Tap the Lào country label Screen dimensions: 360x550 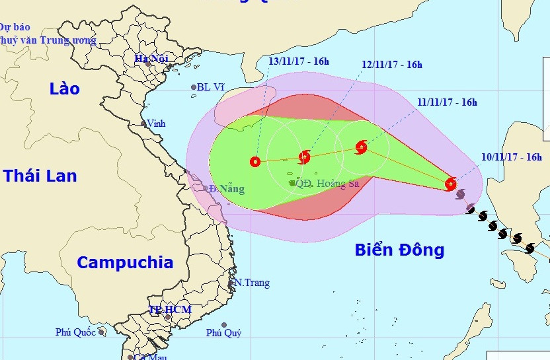[65, 89]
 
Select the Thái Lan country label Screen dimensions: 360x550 [40, 176]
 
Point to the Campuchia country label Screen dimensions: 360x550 [125, 262]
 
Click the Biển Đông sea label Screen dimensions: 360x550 [399, 250]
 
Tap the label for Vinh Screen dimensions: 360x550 [156, 124]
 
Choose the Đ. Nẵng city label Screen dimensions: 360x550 [226, 190]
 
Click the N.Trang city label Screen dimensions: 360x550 [252, 283]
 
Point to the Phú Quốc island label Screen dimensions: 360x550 [76, 332]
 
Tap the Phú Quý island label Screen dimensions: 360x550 [223, 333]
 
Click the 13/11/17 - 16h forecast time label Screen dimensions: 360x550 [299, 61]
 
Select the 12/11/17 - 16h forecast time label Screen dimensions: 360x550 [392, 65]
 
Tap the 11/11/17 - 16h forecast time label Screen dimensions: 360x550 [447, 102]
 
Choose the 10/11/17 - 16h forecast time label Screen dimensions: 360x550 [512, 157]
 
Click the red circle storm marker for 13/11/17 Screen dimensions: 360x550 [255, 161]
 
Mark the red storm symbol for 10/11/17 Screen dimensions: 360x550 [451, 184]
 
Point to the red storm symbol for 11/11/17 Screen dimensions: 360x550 [361, 147]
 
